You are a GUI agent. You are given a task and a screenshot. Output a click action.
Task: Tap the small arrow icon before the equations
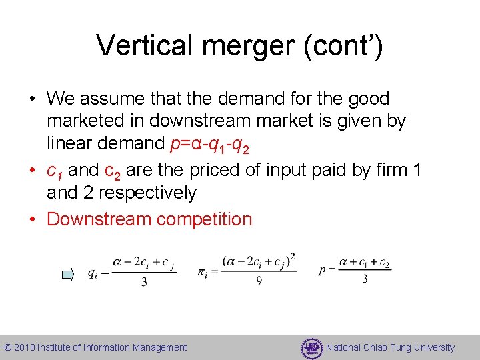point(68,273)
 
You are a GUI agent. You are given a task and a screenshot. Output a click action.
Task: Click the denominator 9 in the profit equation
point(259,281)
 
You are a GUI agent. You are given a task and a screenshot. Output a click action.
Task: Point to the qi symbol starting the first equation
point(93,274)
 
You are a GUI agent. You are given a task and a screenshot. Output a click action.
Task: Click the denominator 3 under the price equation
point(364,279)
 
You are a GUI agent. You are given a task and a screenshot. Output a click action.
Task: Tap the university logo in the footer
point(311,348)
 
